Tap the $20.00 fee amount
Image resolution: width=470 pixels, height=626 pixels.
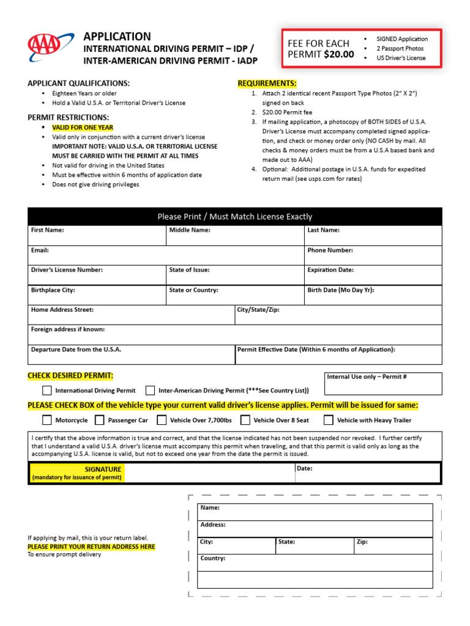(338, 54)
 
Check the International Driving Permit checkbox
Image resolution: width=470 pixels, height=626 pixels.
(47, 390)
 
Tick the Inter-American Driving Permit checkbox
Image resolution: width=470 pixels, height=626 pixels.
(150, 390)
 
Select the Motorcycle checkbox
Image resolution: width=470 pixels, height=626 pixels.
(47, 420)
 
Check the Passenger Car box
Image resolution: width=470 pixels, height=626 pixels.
(100, 420)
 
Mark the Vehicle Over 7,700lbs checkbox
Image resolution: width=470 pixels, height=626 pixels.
(162, 420)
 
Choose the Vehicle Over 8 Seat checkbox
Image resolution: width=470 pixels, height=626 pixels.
(245, 420)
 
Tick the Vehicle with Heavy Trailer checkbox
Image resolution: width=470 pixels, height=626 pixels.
(329, 420)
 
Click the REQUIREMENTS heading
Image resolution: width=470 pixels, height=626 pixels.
(267, 83)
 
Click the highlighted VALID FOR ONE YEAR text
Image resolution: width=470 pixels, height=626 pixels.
(82, 127)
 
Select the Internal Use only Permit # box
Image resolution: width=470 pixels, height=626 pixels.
(382, 384)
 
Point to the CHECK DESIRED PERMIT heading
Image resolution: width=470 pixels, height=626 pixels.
(70, 375)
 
